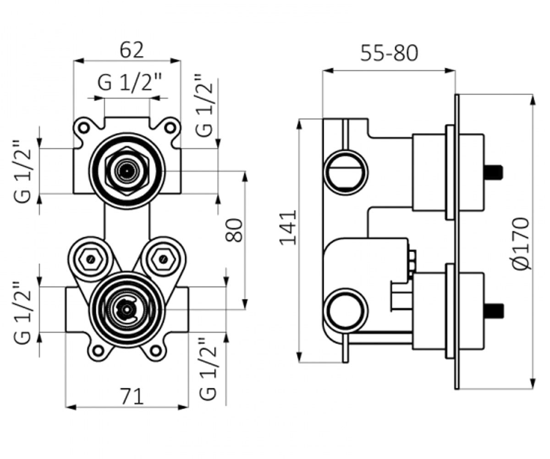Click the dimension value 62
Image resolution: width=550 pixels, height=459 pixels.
(x=132, y=50)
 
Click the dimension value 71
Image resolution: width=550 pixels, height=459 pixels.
(x=132, y=397)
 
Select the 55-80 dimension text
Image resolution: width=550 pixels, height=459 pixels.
(x=389, y=53)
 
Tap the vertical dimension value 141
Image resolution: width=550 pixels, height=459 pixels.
(x=288, y=227)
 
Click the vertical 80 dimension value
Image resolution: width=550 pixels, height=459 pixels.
(x=234, y=230)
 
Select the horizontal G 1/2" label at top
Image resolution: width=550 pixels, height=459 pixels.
(x=129, y=82)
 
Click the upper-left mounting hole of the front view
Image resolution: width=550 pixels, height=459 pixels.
(x=84, y=128)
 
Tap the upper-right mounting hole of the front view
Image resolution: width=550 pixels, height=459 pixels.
(x=170, y=128)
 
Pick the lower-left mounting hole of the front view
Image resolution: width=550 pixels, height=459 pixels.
(x=99, y=351)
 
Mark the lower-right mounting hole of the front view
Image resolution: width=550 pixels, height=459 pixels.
(x=156, y=351)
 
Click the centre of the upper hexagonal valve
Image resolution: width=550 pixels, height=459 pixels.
(x=127, y=171)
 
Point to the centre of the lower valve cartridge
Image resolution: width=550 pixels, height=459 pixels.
(x=127, y=309)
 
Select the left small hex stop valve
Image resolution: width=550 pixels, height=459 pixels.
(x=91, y=259)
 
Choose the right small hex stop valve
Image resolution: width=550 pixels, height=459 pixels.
(x=163, y=259)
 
